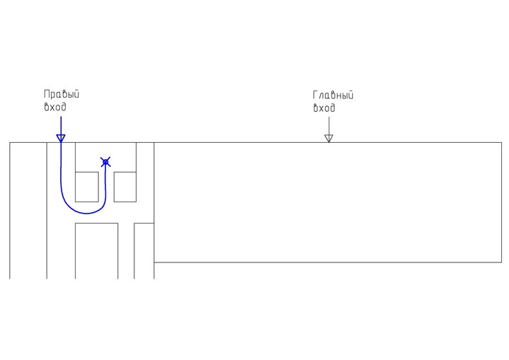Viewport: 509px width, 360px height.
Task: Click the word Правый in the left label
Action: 62,94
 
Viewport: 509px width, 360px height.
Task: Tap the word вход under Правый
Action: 55,108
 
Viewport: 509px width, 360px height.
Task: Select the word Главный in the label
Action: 333,95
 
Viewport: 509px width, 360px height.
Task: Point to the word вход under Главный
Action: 324,108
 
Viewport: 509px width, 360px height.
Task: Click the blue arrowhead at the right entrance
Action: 61,138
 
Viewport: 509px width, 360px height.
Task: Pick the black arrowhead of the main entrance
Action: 328,139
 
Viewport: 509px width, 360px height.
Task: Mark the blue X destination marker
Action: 106,163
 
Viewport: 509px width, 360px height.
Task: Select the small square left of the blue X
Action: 87,187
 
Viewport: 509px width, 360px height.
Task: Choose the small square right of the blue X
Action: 125,187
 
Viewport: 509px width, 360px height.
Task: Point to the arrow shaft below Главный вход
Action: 328,125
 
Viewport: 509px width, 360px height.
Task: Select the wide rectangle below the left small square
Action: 97,250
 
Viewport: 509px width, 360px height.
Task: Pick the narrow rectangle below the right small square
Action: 144,250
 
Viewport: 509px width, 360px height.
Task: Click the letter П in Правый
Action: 47,94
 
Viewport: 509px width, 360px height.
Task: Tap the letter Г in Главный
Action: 315,95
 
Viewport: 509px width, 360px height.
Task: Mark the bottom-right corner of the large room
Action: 501,262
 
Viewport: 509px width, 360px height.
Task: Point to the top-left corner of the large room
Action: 154,143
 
